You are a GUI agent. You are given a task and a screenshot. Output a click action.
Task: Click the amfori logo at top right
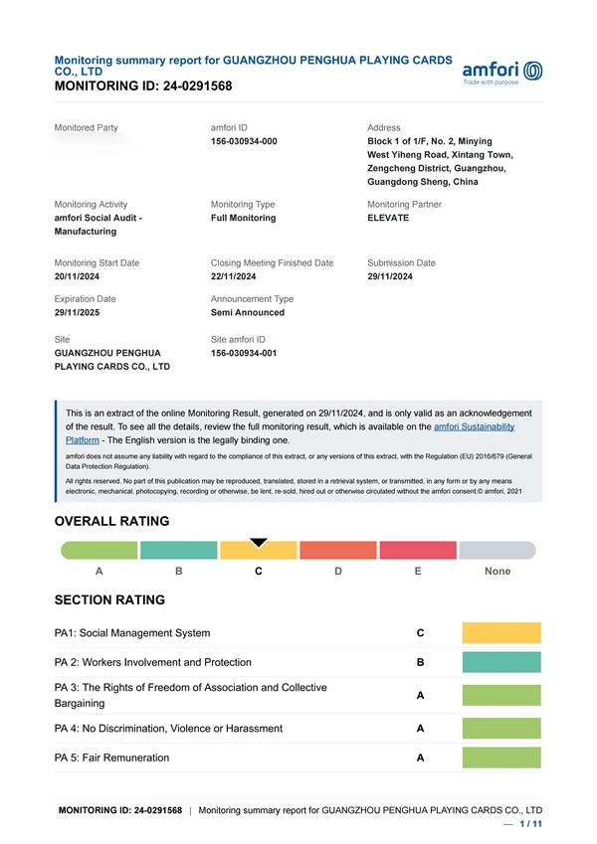point(502,73)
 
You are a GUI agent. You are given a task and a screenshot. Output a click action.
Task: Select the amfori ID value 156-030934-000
point(244,142)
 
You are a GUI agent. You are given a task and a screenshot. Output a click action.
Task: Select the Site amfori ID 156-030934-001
point(244,353)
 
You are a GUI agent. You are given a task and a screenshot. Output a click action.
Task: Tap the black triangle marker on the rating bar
point(259,542)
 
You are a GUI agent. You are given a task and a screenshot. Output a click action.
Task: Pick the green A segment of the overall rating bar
point(99,551)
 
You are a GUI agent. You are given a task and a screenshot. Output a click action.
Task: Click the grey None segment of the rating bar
point(497,551)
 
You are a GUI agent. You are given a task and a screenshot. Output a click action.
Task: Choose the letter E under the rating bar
point(418,572)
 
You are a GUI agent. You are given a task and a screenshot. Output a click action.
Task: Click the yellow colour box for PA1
point(501,633)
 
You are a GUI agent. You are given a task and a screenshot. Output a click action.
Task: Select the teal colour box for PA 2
point(501,662)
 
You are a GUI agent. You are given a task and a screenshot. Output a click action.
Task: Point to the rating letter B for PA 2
point(421,662)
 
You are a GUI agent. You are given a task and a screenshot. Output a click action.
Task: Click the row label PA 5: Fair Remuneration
point(111,759)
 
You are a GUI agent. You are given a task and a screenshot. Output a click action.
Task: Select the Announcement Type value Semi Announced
point(248,312)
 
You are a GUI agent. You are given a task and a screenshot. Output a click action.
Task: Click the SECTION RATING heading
point(109,600)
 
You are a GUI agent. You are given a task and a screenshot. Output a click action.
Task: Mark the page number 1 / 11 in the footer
point(529,825)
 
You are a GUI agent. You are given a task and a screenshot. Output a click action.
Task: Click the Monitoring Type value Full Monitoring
point(244,218)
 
